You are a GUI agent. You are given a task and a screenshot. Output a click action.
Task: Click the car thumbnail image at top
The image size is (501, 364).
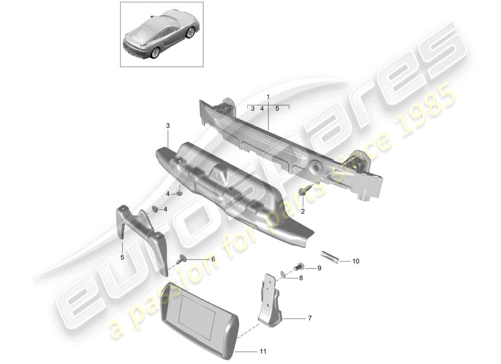161,34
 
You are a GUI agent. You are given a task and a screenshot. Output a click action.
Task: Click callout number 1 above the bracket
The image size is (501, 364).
268,97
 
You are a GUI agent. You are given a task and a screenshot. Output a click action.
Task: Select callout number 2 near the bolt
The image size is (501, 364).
302,211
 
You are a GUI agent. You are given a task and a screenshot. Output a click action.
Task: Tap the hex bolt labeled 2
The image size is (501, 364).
302,192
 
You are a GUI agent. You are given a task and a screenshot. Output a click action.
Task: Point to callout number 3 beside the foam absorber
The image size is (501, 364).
168,125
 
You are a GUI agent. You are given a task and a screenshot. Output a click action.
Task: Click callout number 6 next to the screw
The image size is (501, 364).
213,259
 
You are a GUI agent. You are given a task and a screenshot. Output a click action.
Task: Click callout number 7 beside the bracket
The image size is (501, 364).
310,318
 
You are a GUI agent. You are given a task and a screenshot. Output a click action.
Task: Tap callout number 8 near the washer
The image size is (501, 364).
301,277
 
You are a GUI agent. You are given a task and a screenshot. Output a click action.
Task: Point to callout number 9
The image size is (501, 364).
319,268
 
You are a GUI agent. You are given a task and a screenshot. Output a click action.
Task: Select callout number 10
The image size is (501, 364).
356,261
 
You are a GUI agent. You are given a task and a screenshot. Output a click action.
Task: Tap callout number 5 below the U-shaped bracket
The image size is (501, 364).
122,258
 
